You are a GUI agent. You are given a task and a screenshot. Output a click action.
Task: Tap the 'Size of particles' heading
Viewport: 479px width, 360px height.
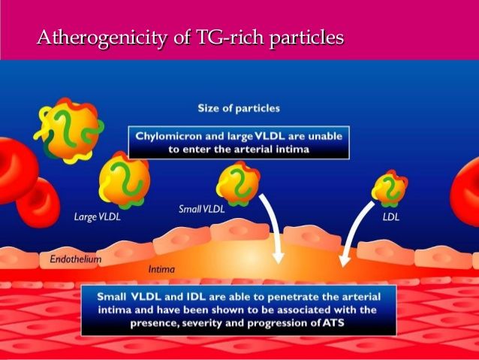tap(239, 108)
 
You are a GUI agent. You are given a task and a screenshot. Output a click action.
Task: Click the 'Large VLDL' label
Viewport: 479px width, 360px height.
tap(97, 217)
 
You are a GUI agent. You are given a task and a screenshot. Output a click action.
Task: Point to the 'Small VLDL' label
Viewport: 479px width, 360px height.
tap(202, 209)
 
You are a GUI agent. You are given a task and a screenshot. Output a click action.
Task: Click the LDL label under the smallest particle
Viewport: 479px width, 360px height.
tap(391, 217)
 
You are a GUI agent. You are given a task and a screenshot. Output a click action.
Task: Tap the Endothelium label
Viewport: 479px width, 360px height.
tap(76, 259)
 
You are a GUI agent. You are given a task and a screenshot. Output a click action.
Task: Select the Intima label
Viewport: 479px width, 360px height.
tap(161, 270)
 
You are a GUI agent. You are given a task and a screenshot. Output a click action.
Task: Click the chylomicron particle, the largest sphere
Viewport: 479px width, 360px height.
tap(69, 130)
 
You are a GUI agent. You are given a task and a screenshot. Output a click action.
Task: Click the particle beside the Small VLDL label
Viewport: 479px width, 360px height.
tap(239, 185)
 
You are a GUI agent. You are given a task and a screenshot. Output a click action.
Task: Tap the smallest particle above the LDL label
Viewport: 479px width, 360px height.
tap(390, 189)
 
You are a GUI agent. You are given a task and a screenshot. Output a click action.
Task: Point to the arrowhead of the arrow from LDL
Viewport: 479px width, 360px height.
tap(344, 261)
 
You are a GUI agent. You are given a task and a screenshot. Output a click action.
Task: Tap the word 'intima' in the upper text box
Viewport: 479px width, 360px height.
tap(293, 150)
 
